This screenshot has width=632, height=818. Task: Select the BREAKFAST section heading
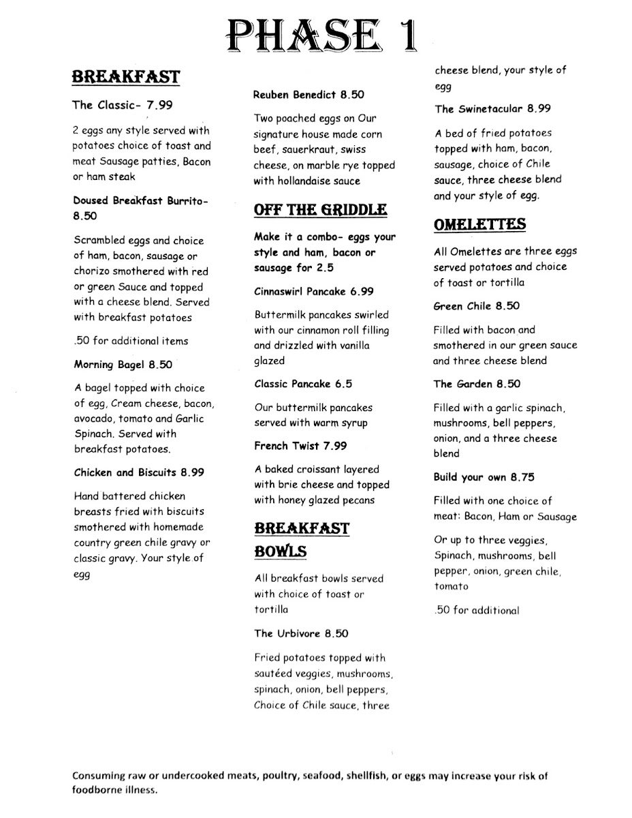click(127, 76)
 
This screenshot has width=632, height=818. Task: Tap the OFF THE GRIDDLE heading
click(320, 209)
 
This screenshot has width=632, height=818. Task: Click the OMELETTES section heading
click(479, 224)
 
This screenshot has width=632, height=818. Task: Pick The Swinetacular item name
click(479, 108)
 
